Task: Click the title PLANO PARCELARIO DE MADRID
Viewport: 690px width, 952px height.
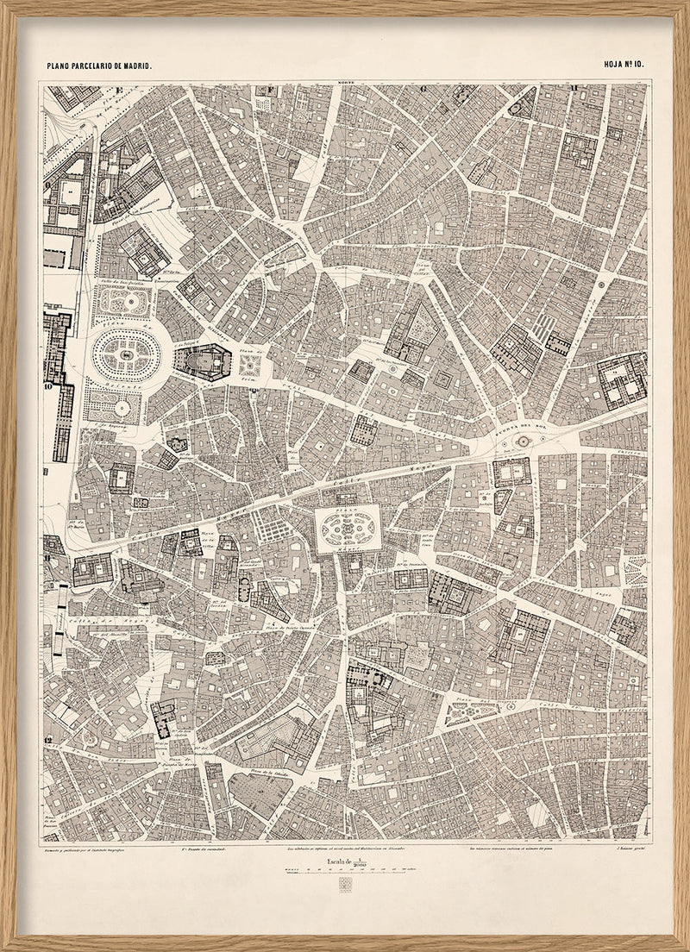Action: point(99,66)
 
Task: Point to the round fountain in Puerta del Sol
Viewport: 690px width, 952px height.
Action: point(522,442)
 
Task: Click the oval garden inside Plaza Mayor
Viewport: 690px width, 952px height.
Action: point(348,527)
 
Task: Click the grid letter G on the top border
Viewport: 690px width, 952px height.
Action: point(423,88)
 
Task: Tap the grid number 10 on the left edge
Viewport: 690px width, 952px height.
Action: point(48,387)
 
